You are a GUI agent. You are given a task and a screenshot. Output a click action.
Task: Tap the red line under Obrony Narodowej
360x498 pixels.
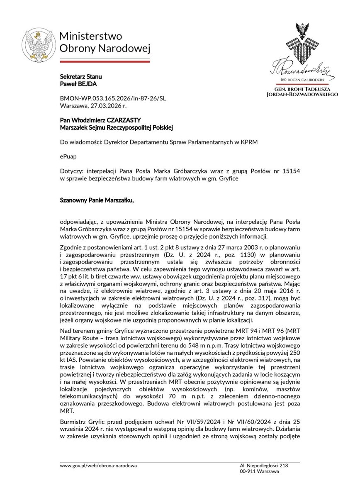click(x=105, y=61)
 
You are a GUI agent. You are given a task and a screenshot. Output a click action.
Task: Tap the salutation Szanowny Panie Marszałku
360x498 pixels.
click(x=97, y=201)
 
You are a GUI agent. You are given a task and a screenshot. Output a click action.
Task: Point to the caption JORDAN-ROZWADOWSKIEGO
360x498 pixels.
click(x=302, y=95)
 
